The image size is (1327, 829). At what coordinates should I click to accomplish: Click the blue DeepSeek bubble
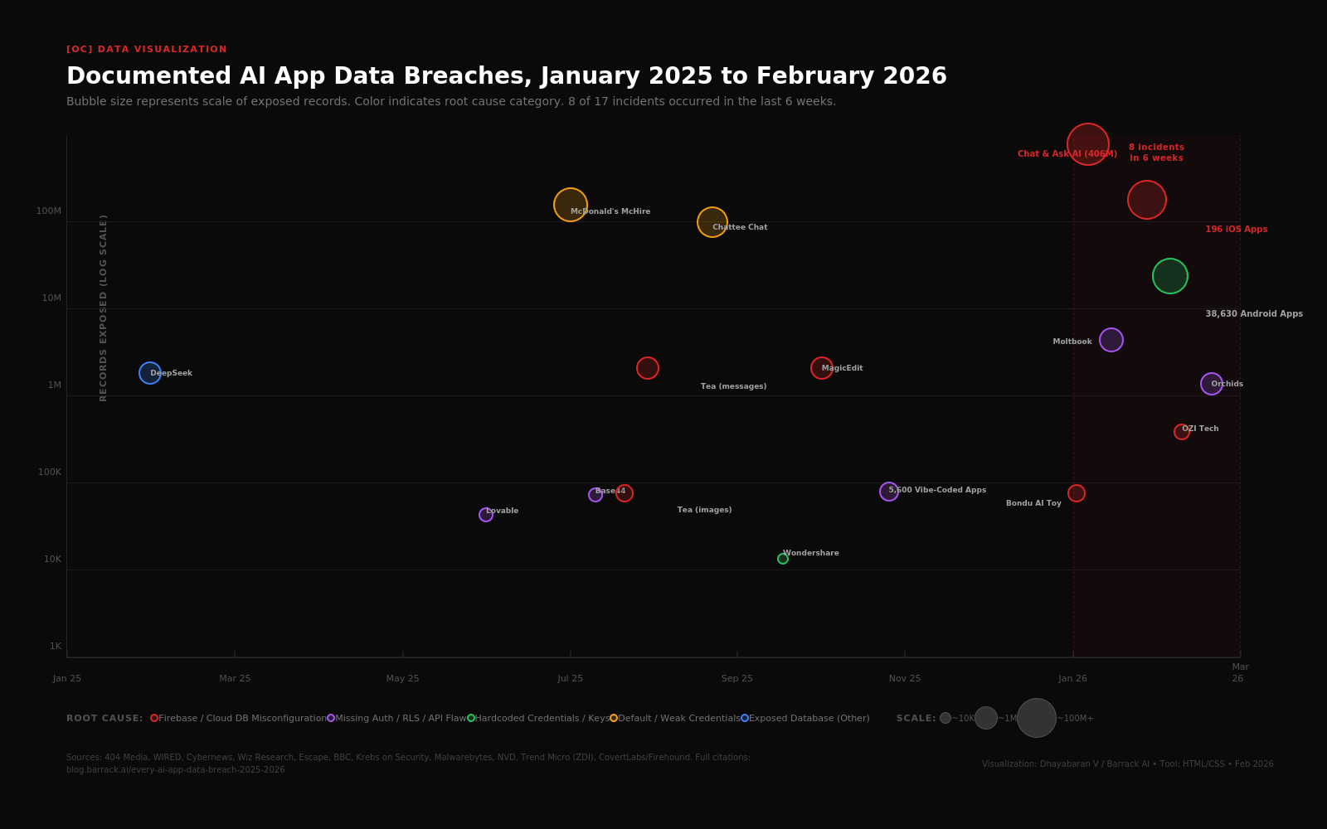[149, 373]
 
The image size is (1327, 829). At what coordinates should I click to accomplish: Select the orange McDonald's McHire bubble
[570, 204]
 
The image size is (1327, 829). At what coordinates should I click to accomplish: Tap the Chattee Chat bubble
[712, 221]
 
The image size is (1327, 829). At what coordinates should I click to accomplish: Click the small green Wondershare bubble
[782, 559]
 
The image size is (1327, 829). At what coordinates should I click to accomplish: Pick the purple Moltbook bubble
[1111, 340]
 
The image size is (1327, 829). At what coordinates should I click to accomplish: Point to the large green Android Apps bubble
[1169, 276]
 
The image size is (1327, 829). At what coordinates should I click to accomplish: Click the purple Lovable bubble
[485, 515]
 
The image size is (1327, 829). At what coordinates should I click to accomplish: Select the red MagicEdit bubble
[821, 368]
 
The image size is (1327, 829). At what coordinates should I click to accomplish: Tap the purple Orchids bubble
[1211, 384]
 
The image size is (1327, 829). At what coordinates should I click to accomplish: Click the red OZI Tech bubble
[1181, 432]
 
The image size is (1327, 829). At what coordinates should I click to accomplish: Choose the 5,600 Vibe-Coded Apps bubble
[888, 492]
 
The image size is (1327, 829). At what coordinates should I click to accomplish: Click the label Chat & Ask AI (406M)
[1067, 154]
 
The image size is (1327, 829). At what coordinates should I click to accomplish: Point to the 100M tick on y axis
[49, 211]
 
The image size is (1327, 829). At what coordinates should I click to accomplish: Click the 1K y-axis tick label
[55, 647]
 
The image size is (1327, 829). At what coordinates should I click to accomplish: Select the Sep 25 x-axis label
[736, 679]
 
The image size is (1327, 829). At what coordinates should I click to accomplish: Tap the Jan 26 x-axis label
[1072, 679]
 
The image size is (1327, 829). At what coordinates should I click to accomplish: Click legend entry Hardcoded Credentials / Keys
[541, 719]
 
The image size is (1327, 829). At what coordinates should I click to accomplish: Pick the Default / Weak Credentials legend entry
[678, 719]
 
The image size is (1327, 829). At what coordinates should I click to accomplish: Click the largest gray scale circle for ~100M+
[1036, 718]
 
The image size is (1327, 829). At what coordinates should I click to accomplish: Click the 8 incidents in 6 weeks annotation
[1156, 153]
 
